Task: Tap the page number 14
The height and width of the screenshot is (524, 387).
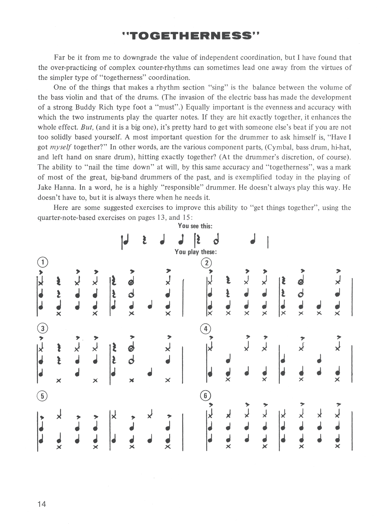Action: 42,504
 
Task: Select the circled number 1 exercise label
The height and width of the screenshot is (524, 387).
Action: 43,262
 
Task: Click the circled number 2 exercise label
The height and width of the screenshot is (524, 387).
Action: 206,263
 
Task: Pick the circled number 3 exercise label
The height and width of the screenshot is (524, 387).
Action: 43,328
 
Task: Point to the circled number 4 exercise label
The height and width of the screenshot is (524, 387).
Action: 206,329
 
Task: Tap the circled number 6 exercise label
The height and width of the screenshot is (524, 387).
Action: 206,396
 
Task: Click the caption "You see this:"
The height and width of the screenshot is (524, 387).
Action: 195,226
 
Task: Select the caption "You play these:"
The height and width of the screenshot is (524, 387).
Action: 196,252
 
